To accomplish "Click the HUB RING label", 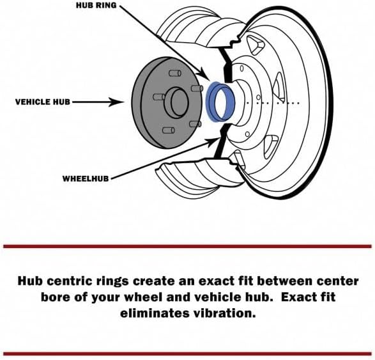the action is pos(96,6).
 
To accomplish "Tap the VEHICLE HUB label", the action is pos(43,102).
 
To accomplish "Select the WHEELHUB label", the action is pos(86,178).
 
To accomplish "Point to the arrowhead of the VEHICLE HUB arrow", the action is pos(117,102).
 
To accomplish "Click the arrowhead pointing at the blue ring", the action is pos(204,74).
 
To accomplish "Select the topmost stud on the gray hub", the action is pos(175,73).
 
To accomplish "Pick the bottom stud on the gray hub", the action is pos(169,130).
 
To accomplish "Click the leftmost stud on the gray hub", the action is pos(159,97).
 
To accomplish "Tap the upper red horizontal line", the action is pos(188,246).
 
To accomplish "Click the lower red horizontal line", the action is pos(188,354).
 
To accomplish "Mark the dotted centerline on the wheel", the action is pos(273,103).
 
